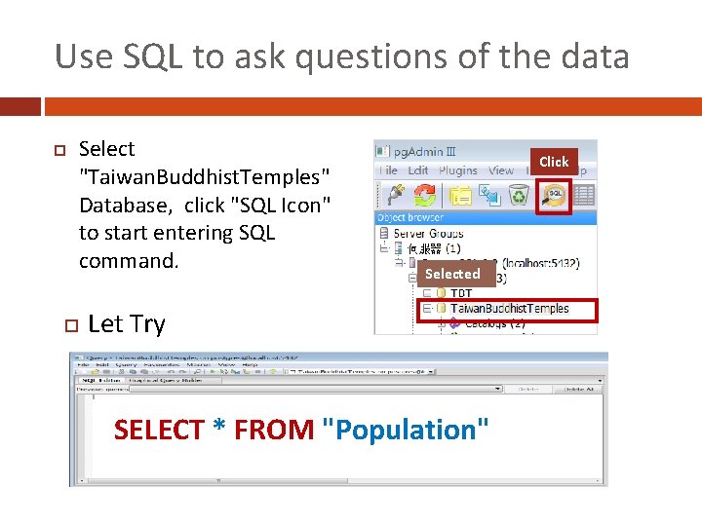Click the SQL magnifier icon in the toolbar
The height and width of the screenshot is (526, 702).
tap(554, 195)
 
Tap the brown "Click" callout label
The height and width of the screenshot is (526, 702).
tap(554, 162)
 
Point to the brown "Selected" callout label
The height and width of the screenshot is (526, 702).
tap(452, 274)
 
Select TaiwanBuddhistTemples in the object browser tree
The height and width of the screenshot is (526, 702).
tap(509, 309)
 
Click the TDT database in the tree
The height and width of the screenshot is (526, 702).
tap(461, 293)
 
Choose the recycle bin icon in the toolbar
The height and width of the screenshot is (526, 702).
tap(520, 195)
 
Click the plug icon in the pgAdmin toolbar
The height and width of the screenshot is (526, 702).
tap(389, 195)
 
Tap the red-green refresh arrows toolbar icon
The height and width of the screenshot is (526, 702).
tap(420, 195)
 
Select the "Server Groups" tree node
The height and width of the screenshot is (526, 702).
tap(428, 234)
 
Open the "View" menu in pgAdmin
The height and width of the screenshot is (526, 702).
tap(501, 170)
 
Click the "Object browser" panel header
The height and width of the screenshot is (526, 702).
tap(410, 217)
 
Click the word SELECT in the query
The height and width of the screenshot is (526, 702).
tap(159, 430)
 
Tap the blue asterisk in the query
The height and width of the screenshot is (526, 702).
tap(219, 430)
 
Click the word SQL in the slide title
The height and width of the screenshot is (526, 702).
tap(154, 57)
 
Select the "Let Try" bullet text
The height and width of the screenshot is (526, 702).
tap(127, 324)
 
